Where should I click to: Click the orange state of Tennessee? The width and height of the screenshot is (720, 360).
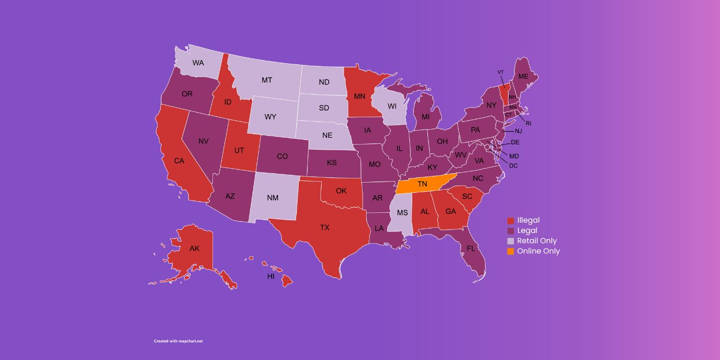(x=423, y=184)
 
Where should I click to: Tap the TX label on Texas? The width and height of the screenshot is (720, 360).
(x=325, y=227)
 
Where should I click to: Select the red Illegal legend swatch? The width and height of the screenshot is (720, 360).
(x=510, y=221)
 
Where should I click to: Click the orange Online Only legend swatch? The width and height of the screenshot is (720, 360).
(x=510, y=251)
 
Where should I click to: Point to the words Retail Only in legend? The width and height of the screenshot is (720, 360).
(x=537, y=241)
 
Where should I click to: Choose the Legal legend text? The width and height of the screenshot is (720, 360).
(x=527, y=230)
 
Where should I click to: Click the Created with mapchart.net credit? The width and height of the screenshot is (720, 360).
(x=178, y=341)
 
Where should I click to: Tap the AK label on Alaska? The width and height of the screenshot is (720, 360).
(x=194, y=248)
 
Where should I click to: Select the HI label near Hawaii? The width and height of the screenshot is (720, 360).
(x=271, y=276)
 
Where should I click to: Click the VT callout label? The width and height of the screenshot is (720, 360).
(x=500, y=72)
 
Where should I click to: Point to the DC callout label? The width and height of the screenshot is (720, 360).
(x=513, y=166)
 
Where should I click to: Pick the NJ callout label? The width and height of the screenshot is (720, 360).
(x=518, y=131)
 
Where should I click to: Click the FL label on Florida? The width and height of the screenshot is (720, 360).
(x=471, y=248)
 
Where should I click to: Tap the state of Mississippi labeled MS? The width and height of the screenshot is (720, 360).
(x=402, y=212)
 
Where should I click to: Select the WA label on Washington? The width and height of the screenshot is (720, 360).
(x=198, y=63)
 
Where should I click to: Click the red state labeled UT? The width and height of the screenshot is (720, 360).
(x=239, y=151)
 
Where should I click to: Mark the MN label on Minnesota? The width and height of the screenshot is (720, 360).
(x=359, y=96)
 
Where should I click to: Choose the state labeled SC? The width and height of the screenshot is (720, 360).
(x=467, y=196)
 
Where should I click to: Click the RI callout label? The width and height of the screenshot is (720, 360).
(x=528, y=123)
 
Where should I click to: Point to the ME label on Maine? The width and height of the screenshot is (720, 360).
(x=523, y=76)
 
